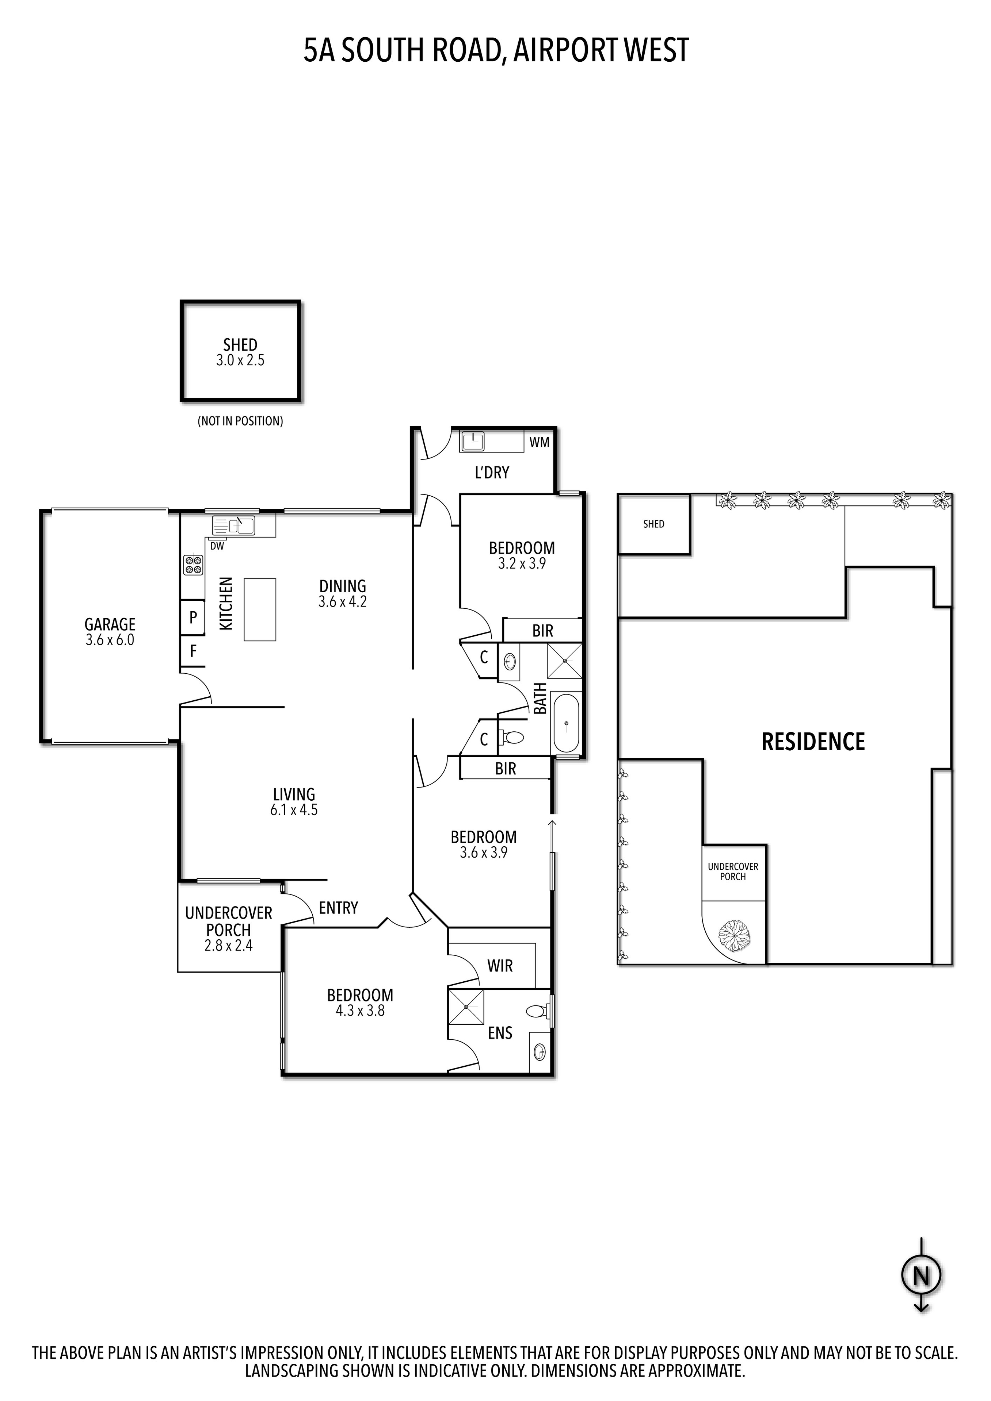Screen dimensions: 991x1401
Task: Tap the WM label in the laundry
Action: coord(539,442)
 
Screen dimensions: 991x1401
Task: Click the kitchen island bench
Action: coord(259,609)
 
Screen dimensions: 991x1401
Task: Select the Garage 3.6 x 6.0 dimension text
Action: coord(110,640)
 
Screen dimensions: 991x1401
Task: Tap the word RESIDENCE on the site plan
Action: coord(813,742)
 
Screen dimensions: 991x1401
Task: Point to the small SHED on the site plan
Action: coord(654,524)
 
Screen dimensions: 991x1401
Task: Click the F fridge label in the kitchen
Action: coord(193,651)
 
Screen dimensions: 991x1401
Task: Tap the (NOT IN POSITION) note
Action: coord(240,421)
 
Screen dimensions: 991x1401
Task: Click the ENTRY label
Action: coord(338,908)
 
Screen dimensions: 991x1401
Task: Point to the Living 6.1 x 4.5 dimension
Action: coord(294,810)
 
